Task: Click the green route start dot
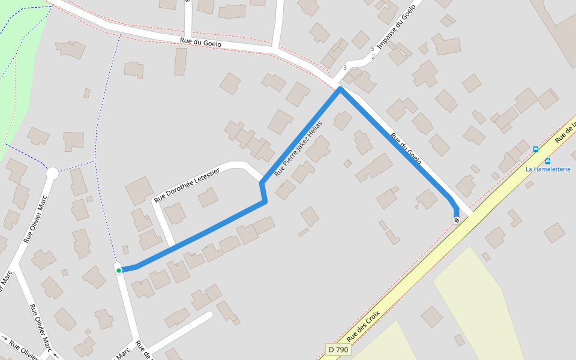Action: pos(119,271)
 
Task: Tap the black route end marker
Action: pos(457,220)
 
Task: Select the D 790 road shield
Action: pos(338,349)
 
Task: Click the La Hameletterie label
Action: pos(547,169)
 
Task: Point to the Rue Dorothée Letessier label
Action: pos(187,184)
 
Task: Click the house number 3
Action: pos(345,67)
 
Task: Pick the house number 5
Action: pos(372,49)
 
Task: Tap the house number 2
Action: pos(373,57)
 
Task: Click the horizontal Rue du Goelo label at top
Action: pos(200,43)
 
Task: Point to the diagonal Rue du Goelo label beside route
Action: pos(406,149)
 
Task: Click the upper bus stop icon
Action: pos(536,149)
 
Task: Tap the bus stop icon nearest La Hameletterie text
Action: pos(548,161)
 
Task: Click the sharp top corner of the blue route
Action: pos(340,89)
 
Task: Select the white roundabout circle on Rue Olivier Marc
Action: pos(52,173)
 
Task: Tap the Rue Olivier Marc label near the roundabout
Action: pos(35,218)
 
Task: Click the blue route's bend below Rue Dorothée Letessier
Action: pos(265,202)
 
